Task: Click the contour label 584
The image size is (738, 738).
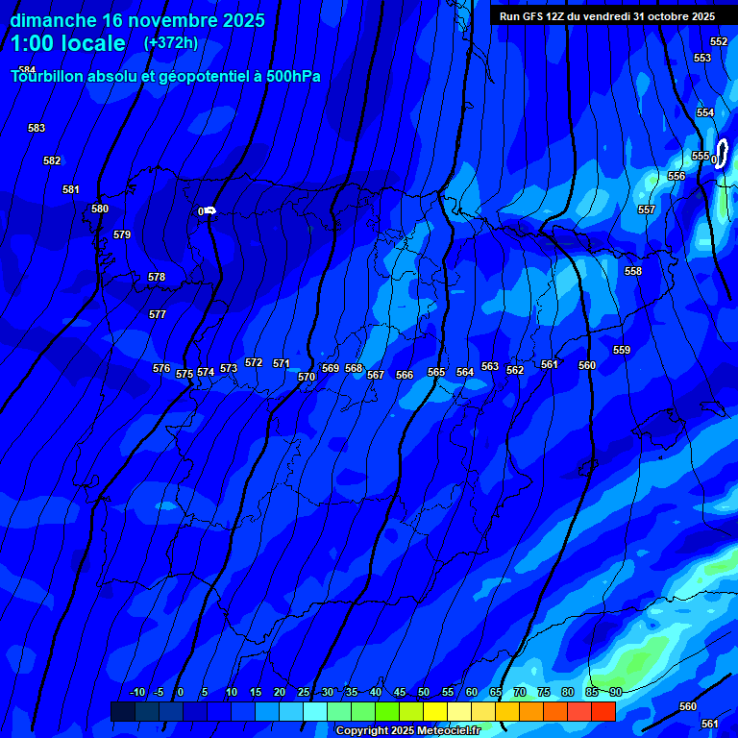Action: [x=27, y=70]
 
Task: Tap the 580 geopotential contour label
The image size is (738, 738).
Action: [x=100, y=209]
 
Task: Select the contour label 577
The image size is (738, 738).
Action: [x=158, y=314]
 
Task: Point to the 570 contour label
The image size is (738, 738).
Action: [x=307, y=378]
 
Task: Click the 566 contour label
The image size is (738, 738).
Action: [x=405, y=375]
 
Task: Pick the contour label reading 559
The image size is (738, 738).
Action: [x=622, y=350]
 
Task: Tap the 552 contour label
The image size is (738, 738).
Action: [x=719, y=41]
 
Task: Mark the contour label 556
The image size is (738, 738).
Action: [x=676, y=176]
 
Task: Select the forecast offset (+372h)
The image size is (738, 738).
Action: [x=170, y=43]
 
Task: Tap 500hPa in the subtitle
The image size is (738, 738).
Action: [x=292, y=77]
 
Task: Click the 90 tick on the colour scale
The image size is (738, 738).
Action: [x=615, y=692]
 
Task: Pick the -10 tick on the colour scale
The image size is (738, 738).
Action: [x=136, y=692]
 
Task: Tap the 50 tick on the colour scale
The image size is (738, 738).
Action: [x=424, y=692]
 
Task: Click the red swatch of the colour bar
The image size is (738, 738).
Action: [x=603, y=711]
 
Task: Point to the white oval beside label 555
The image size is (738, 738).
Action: [x=722, y=153]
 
